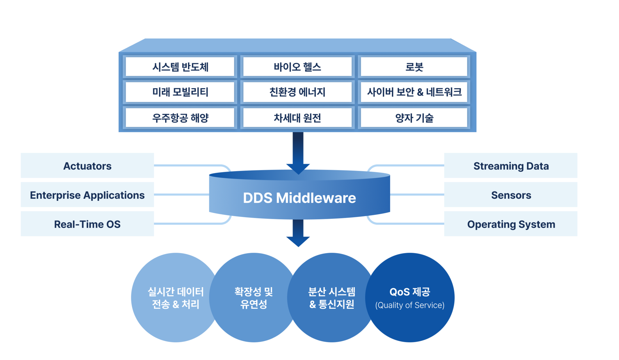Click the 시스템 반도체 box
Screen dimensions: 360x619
click(180, 67)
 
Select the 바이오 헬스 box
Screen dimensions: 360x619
click(297, 67)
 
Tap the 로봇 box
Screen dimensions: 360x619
click(414, 67)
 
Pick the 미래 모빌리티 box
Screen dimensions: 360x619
click(180, 92)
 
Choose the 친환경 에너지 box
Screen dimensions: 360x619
click(297, 92)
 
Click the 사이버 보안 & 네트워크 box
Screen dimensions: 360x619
click(414, 92)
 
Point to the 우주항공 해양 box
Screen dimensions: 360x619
click(180, 118)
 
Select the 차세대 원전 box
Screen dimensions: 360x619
click(297, 118)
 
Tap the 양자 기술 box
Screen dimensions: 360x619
click(414, 118)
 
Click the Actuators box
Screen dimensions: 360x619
click(87, 166)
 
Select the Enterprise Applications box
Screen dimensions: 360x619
click(87, 195)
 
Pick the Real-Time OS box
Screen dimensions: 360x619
click(87, 224)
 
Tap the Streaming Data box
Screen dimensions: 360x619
click(511, 166)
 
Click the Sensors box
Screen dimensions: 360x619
click(511, 195)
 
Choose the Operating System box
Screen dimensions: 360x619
click(511, 224)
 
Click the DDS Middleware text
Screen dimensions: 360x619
click(299, 198)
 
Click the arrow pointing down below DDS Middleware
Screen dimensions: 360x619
click(298, 234)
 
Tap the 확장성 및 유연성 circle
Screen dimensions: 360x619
click(253, 297)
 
